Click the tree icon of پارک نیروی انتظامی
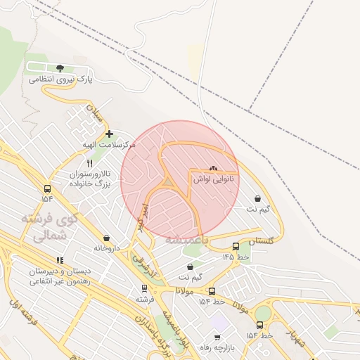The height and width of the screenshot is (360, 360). tap(60, 68)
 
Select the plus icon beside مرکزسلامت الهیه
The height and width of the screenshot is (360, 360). tap(108, 134)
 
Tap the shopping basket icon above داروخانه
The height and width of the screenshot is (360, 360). tap(106, 238)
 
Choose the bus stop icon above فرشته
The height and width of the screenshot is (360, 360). tap(145, 288)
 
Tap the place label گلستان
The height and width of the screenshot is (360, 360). tap(261, 240)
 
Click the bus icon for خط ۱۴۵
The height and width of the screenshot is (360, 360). tap(235, 246)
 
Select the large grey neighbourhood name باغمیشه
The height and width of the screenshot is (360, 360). tap(187, 240)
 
